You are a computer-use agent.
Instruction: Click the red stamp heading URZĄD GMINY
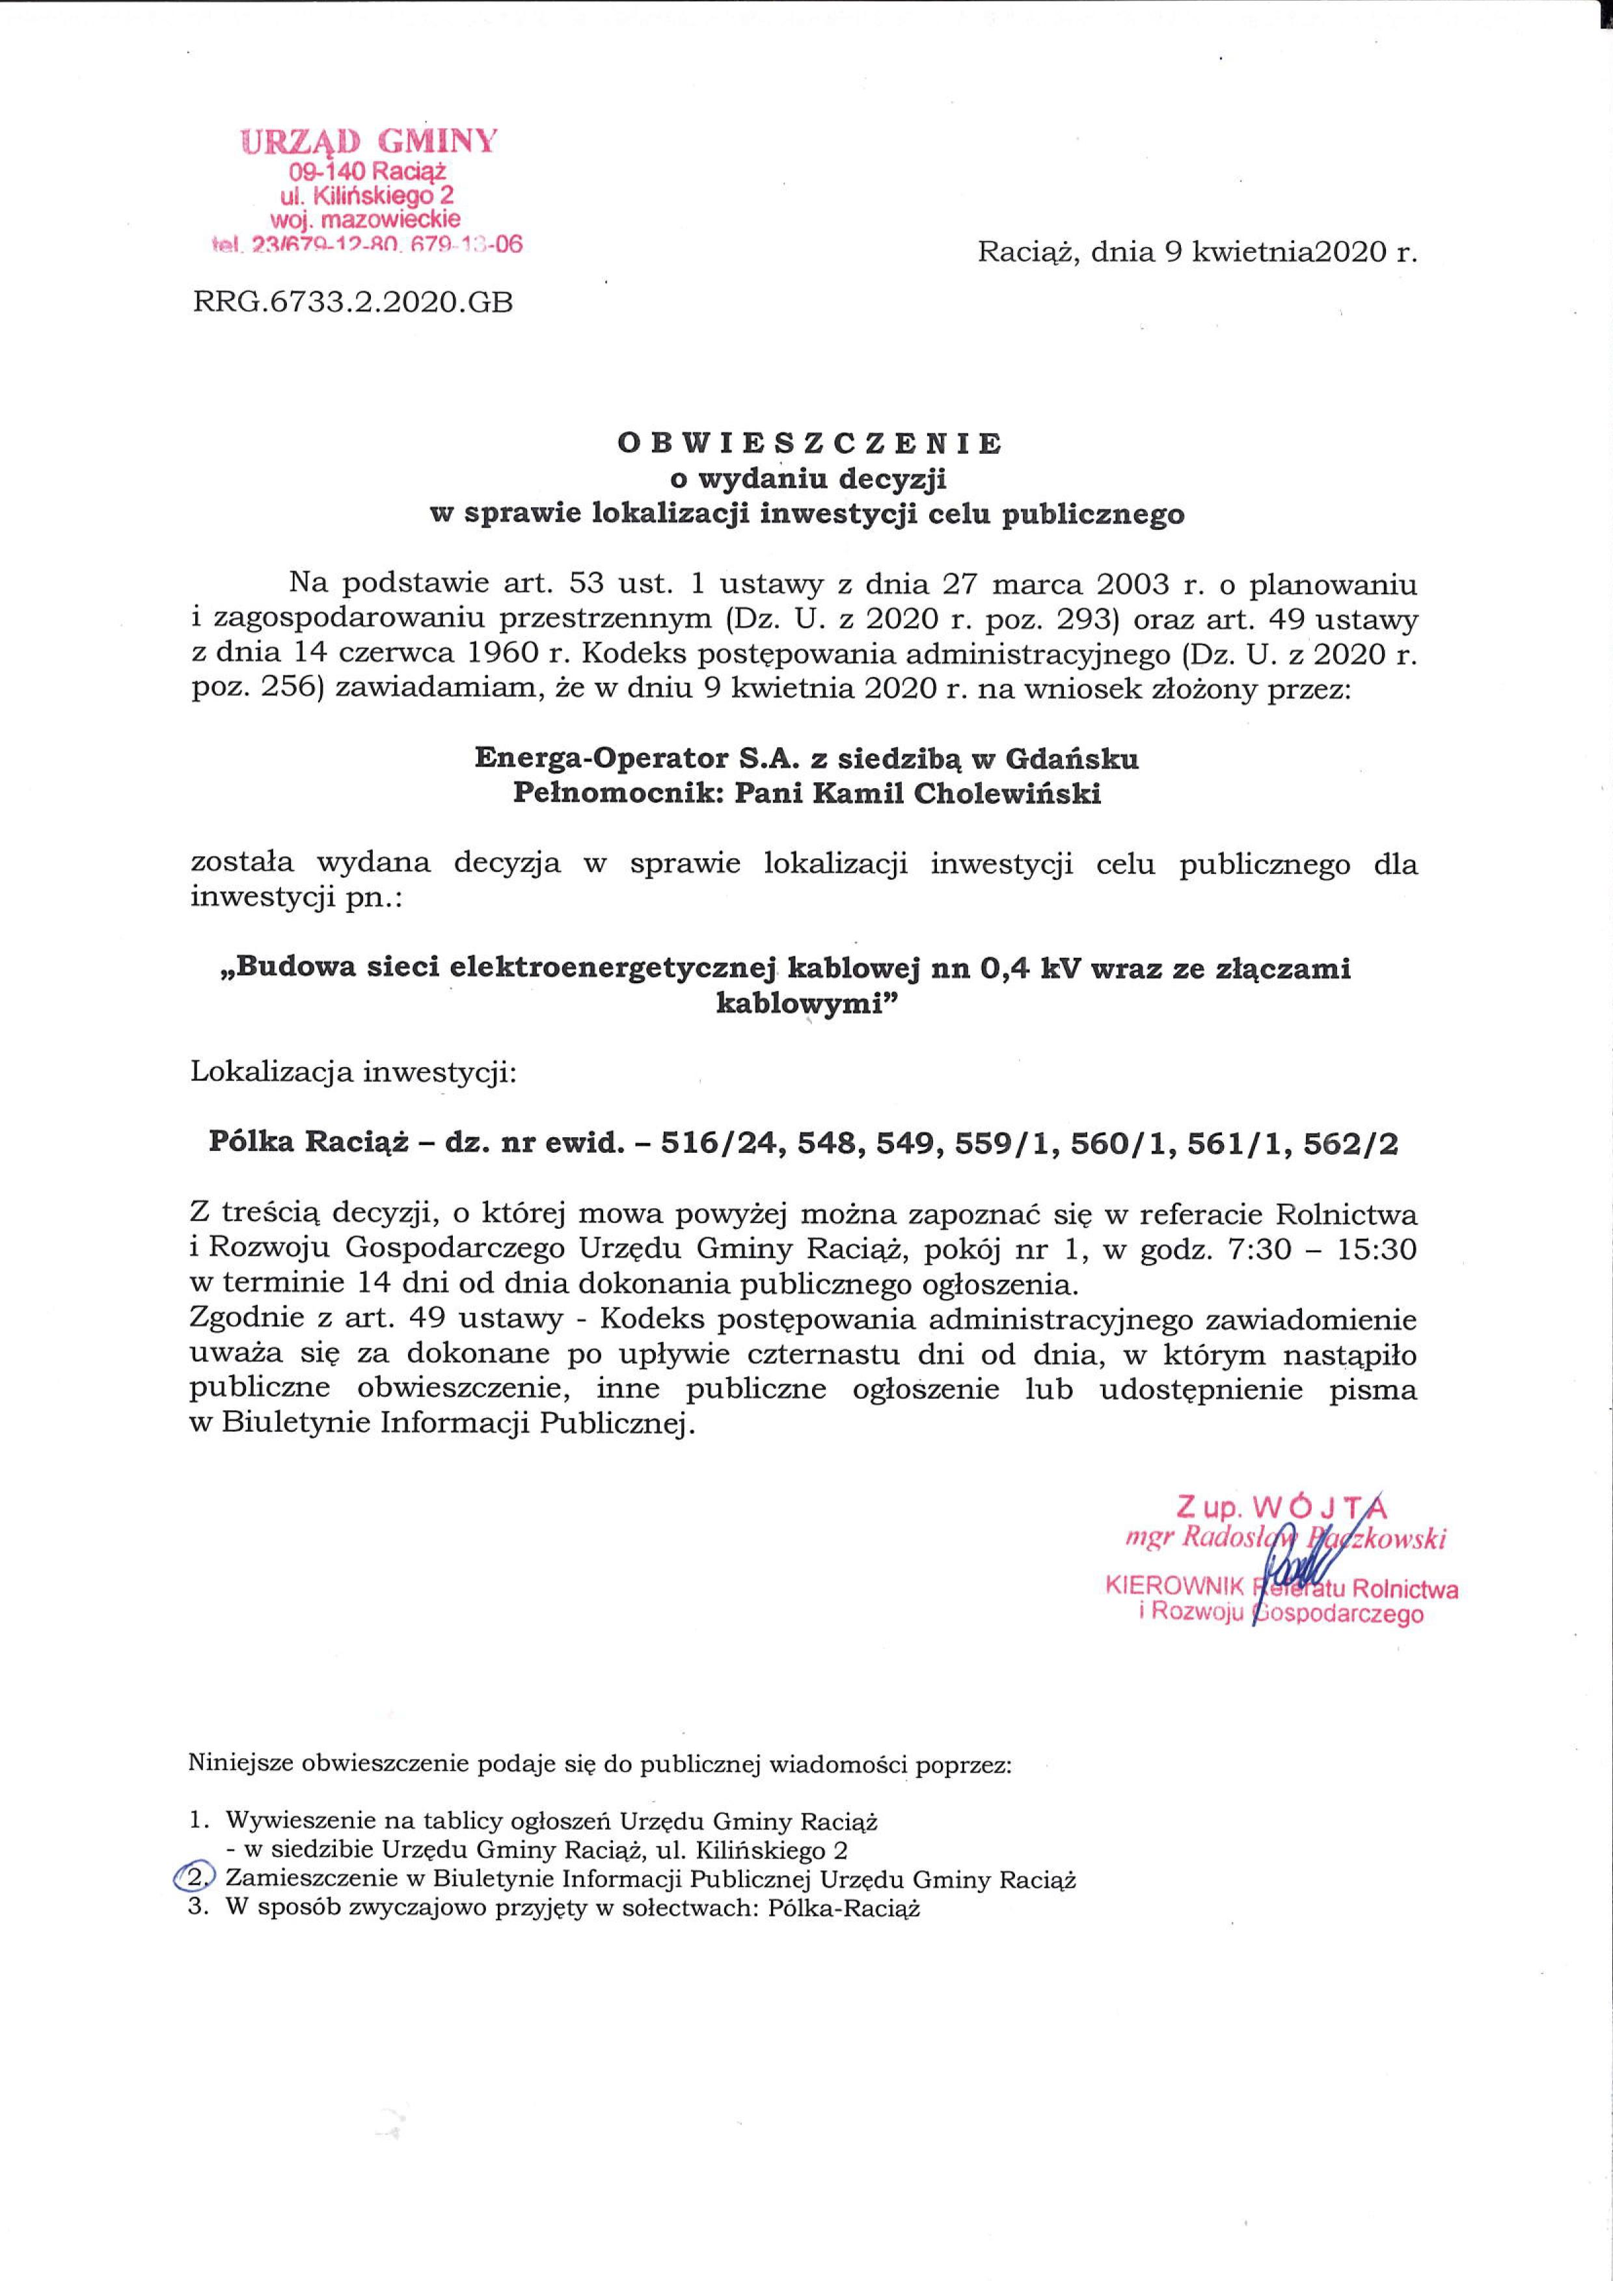point(369,141)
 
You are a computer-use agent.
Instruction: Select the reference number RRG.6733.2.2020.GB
point(353,302)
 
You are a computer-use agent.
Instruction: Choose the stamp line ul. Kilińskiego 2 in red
point(369,196)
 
